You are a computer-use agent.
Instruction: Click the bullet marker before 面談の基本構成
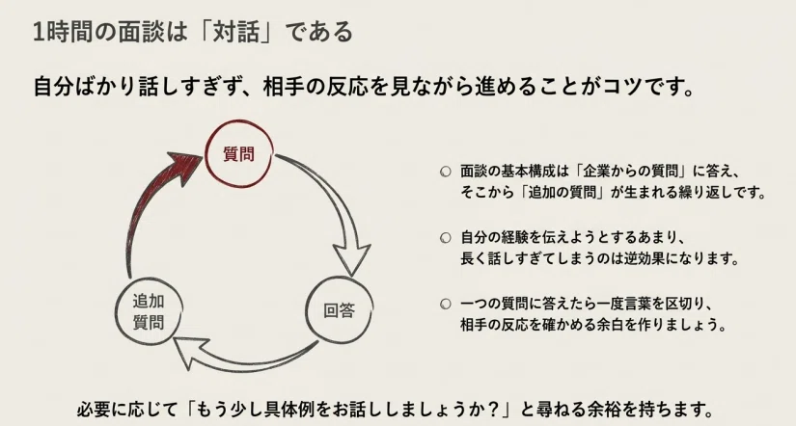[x=445, y=172]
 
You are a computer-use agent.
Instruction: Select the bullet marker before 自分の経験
[x=445, y=238]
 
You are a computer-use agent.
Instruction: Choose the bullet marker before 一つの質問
[x=445, y=305]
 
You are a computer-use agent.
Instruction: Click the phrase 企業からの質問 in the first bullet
[x=629, y=171]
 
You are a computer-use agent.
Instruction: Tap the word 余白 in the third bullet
[x=600, y=324]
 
